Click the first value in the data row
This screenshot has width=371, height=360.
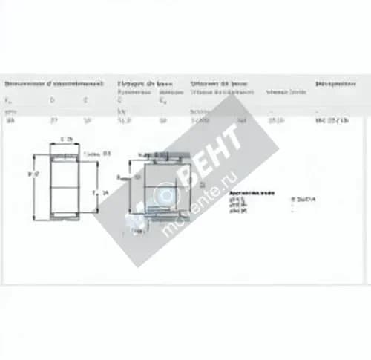[10, 120]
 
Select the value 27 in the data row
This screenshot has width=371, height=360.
[52, 120]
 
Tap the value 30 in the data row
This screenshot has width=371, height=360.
[87, 120]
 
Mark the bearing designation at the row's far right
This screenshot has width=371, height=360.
[332, 120]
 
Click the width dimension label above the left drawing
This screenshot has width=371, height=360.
[67, 139]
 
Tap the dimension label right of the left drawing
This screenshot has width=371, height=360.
[103, 192]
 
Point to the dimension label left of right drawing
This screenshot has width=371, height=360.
[119, 177]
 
